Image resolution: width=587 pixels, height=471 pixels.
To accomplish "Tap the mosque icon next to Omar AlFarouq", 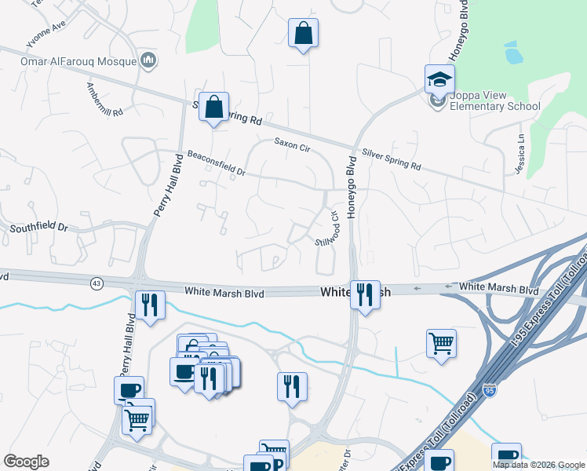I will click(x=148, y=60).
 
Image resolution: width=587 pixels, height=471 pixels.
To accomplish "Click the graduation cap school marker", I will click(x=439, y=78).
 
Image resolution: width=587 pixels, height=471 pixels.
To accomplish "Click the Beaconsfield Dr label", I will click(x=217, y=162).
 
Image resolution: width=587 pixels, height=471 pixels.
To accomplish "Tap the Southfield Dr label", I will click(x=39, y=228).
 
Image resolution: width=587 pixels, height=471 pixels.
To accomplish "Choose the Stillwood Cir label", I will click(x=329, y=227).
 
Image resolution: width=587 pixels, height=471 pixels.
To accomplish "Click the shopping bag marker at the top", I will click(x=303, y=34).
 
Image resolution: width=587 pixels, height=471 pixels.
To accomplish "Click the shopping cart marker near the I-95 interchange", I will click(x=442, y=343).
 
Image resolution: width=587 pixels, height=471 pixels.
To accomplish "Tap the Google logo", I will click(x=27, y=462).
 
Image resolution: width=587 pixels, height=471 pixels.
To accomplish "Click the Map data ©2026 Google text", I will click(x=538, y=465).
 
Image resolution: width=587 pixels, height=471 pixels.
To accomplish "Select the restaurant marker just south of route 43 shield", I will click(x=149, y=305).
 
